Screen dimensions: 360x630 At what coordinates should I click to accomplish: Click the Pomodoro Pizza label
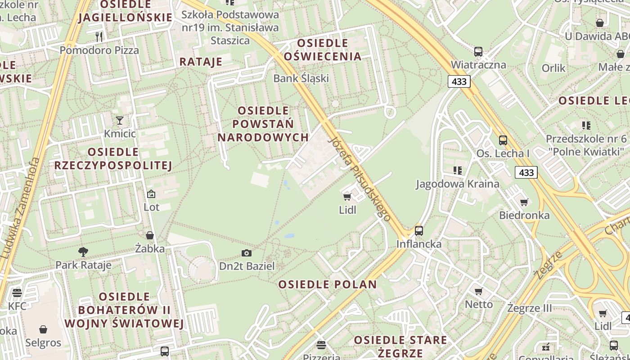[x=99, y=50]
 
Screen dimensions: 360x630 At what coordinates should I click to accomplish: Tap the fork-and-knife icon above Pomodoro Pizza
[x=99, y=36]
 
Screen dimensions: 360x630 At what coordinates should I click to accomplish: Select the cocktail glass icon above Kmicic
[x=120, y=120]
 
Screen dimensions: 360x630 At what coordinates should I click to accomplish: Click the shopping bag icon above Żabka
[x=150, y=235]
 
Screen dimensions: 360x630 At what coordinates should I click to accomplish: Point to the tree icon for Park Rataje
[x=83, y=252]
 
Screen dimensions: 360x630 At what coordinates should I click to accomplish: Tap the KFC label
[x=17, y=306]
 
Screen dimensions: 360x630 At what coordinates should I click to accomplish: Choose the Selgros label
[x=43, y=342]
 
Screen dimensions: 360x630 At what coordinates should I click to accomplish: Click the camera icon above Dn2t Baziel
[x=246, y=253]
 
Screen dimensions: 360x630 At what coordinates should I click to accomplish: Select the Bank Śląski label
[x=301, y=78]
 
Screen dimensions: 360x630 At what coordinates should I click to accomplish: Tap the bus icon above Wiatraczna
[x=478, y=52]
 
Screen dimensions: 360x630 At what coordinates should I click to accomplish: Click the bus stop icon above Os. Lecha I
[x=503, y=140]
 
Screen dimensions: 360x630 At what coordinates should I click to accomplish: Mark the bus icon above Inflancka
[x=419, y=231]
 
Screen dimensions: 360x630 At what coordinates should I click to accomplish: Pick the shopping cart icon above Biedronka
[x=524, y=202]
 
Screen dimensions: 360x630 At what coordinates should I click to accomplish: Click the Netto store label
[x=479, y=304]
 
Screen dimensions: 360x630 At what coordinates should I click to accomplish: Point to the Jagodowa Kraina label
[x=457, y=184]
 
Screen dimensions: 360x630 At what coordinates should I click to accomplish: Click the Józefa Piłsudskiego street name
[x=360, y=178]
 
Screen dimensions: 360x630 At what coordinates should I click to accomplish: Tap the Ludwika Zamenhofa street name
[x=21, y=207]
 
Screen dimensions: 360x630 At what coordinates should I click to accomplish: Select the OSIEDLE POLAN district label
[x=327, y=284]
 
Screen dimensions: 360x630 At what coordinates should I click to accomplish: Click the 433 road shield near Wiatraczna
[x=459, y=81]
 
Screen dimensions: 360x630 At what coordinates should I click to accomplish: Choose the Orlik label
[x=553, y=68]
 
